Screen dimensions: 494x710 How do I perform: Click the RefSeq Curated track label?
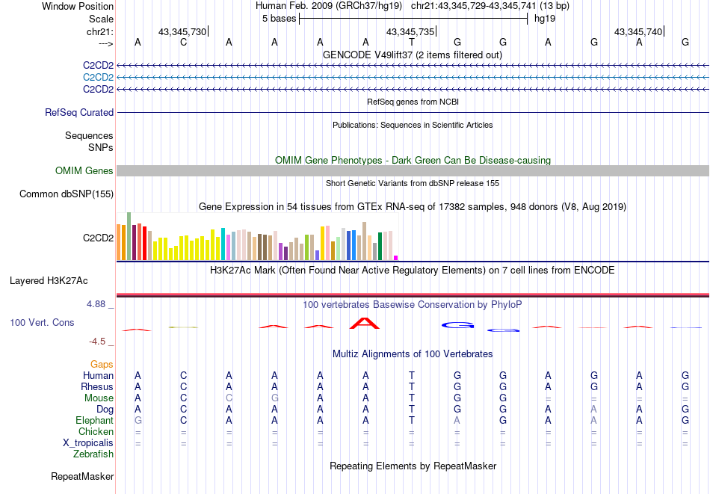tap(79, 112)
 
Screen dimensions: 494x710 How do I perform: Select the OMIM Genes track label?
tap(84, 171)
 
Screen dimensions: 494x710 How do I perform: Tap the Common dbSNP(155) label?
tap(67, 194)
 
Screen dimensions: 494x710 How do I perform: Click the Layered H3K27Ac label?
tap(49, 281)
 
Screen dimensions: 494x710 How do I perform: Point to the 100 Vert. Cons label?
tap(42, 323)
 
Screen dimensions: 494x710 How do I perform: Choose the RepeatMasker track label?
tap(82, 476)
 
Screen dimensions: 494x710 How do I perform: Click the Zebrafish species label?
tap(93, 454)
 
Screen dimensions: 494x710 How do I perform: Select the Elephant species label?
tap(94, 421)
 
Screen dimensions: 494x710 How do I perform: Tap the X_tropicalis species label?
tap(88, 442)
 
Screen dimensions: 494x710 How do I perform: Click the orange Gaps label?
tap(102, 365)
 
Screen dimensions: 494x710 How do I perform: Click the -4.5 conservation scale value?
tap(98, 342)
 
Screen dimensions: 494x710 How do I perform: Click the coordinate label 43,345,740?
tap(638, 31)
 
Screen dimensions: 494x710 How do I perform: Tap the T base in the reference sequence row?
tap(411, 43)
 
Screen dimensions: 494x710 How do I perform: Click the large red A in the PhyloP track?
tap(365, 324)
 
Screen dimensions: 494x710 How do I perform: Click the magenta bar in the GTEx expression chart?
tap(396, 257)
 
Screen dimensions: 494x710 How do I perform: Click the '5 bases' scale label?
tap(278, 18)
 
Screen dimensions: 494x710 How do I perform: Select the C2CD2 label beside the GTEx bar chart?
tap(98, 238)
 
